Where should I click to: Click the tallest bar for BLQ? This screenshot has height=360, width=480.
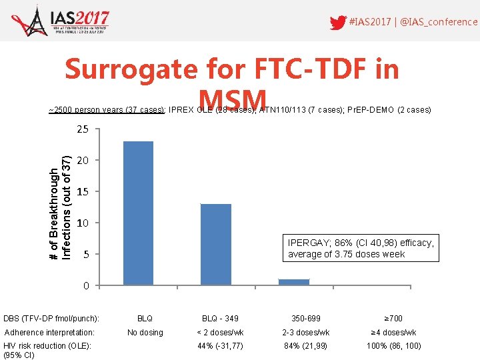pos(138,213)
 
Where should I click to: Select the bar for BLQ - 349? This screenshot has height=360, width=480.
pos(215,245)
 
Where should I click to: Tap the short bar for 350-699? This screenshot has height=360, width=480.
pos(294,282)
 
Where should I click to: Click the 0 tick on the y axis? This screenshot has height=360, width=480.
pos(85,286)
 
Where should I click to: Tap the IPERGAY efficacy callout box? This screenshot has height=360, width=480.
pos(361,248)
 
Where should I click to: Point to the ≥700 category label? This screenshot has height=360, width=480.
pos(394,319)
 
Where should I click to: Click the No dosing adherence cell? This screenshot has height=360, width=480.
pos(145,333)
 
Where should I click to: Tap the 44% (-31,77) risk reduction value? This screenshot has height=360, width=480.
pos(220,346)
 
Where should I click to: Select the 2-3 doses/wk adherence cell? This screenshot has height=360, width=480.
pos(306,333)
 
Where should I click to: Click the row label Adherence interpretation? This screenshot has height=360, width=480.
pos(49,333)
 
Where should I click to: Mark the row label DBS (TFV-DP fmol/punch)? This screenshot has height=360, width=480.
pos(51,319)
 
